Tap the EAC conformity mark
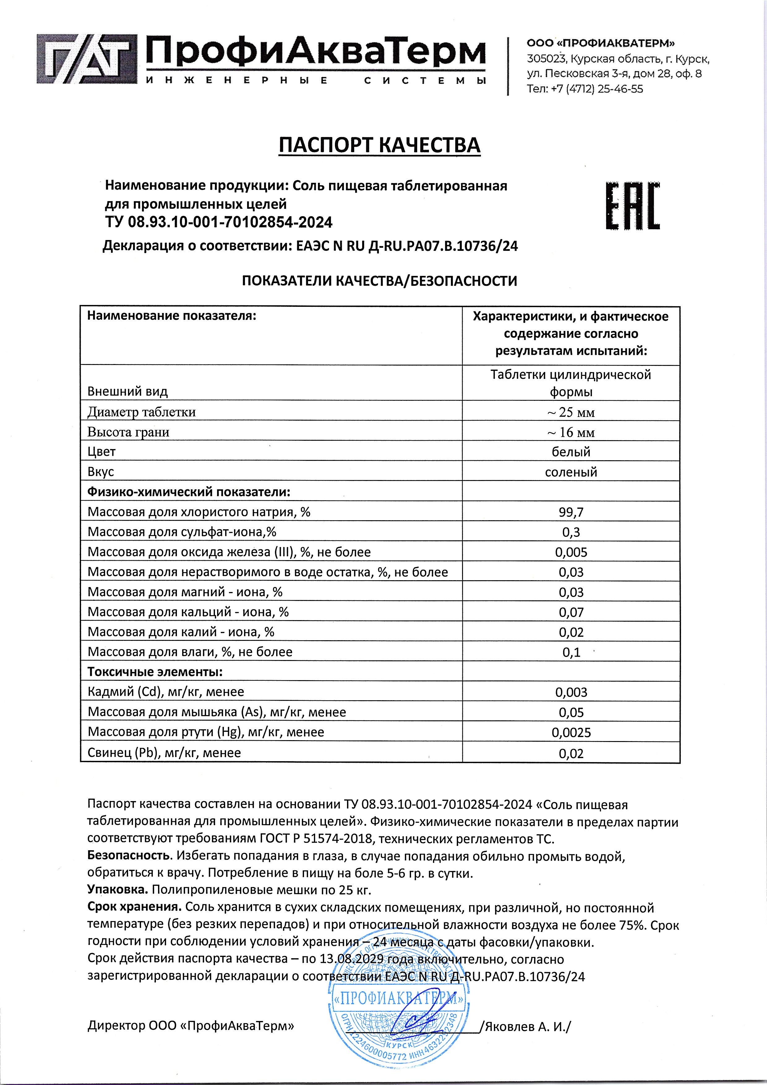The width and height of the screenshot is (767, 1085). click(632, 206)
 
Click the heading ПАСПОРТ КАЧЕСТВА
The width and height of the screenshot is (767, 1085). click(379, 146)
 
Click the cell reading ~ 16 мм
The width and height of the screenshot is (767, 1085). click(571, 432)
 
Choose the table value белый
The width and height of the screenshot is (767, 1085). click(571, 452)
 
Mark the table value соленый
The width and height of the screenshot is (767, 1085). click(571, 472)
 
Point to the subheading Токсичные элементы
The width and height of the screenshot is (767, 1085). click(155, 672)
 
